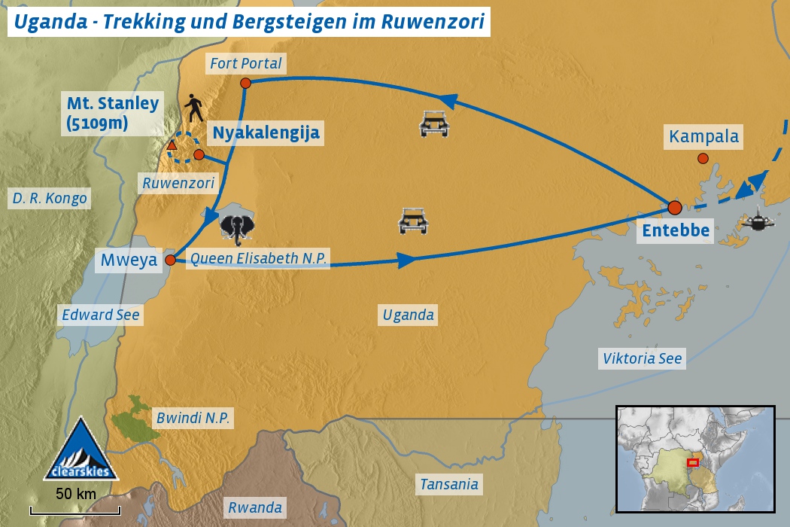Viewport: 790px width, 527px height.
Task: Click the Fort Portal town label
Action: (246, 63)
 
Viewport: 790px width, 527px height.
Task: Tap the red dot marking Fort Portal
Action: (245, 84)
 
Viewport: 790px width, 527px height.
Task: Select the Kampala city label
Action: (703, 138)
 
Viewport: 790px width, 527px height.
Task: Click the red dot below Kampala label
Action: (703, 158)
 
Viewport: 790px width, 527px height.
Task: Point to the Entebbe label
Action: (675, 230)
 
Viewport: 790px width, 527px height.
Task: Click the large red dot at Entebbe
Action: (675, 207)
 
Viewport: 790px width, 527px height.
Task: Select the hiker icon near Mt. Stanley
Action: (195, 109)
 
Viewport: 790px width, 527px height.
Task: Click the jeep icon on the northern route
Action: (434, 124)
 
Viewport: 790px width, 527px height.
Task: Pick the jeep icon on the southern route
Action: (413, 221)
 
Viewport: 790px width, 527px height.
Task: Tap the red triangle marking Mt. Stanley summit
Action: (172, 145)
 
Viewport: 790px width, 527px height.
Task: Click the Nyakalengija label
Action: (266, 134)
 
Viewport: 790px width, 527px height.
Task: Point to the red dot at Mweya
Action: (170, 260)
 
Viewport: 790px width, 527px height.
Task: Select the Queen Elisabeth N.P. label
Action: (258, 259)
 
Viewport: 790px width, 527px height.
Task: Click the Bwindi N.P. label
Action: (192, 418)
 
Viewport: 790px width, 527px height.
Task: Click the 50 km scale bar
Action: (75, 510)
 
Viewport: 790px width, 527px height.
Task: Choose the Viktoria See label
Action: (642, 358)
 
